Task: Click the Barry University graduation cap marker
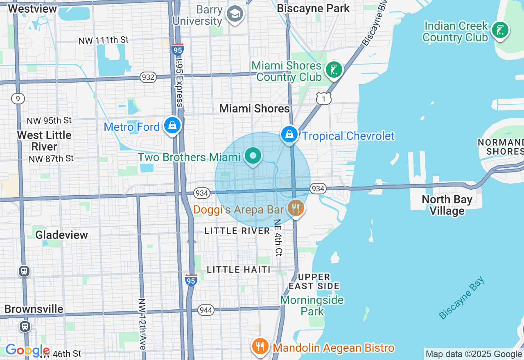click(235, 14)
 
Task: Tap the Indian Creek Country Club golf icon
click(500, 30)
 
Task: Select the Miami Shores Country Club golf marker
click(334, 70)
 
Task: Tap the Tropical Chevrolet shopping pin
click(289, 134)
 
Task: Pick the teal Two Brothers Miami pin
click(253, 156)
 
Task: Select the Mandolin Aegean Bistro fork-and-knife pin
click(260, 346)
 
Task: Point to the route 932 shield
click(148, 77)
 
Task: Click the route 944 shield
click(206, 310)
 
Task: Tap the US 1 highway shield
click(323, 98)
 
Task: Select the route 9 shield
click(18, 98)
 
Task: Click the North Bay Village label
click(447, 205)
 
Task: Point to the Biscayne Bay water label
click(461, 298)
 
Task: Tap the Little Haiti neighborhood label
click(239, 270)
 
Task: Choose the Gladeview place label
click(61, 235)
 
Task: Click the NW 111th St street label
click(104, 40)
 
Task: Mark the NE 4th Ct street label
click(278, 237)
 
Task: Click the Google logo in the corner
click(27, 351)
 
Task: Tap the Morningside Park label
click(312, 305)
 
